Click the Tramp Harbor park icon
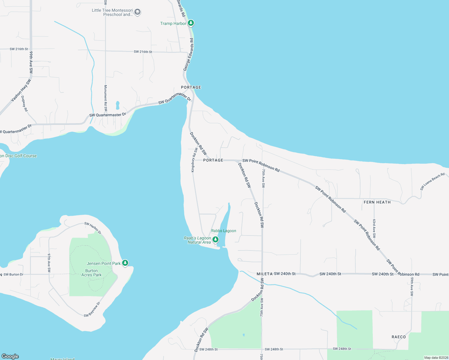pyautogui.click(x=191, y=23)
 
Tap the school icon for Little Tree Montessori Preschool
pyautogui.click(x=137, y=12)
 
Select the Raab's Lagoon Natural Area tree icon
pyautogui.click(x=215, y=239)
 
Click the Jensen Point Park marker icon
pyautogui.click(x=125, y=263)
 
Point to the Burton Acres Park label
pyautogui.click(x=91, y=273)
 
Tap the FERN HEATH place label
pyautogui.click(x=377, y=202)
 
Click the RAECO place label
pyautogui.click(x=399, y=337)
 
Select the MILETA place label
pyautogui.click(x=264, y=274)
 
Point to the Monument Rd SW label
pyautogui.click(x=106, y=98)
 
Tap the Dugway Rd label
pyautogui.click(x=25, y=104)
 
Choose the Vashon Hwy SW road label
pyautogui.click(x=21, y=90)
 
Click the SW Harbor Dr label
pyautogui.click(x=93, y=228)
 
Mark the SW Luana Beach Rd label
pyautogui.click(x=432, y=181)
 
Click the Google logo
pyautogui.click(x=10, y=356)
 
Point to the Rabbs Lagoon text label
pyautogui.click(x=224, y=231)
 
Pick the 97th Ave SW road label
pyautogui.click(x=49, y=263)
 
